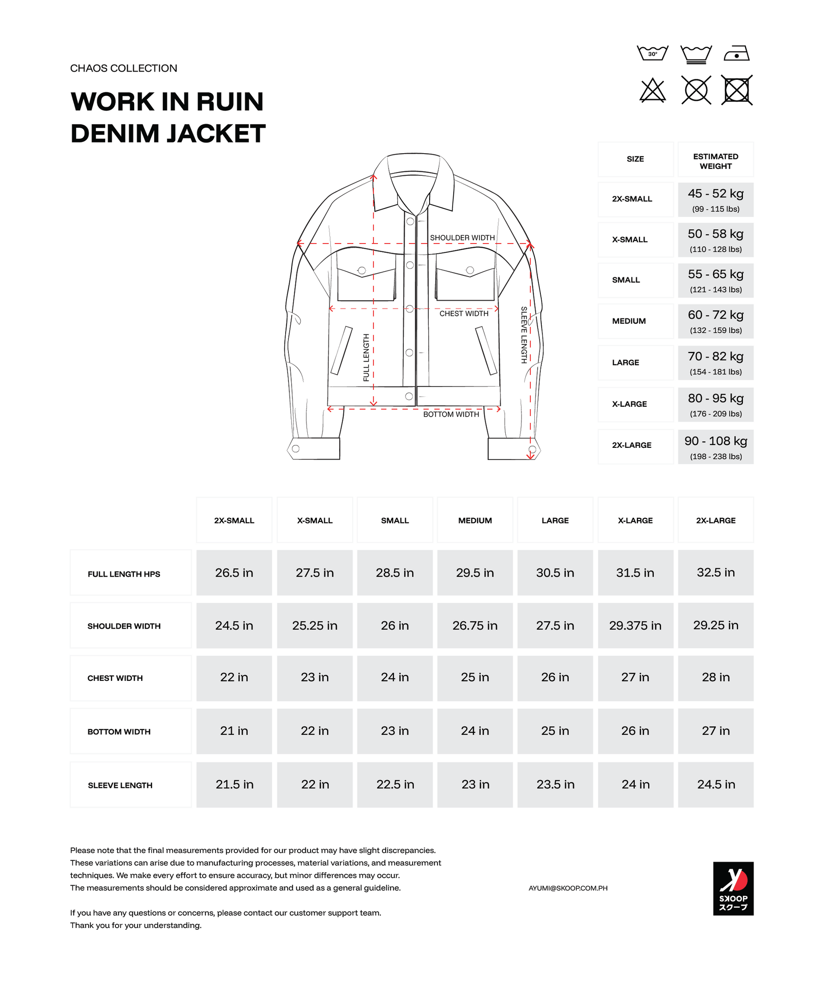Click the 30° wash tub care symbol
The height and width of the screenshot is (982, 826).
(x=652, y=54)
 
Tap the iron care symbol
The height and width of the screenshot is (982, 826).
(x=736, y=54)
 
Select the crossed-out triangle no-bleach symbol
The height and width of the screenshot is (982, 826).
(x=652, y=90)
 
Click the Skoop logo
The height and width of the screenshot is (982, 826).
(x=733, y=888)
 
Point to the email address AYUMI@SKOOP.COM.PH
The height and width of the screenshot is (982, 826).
(x=568, y=888)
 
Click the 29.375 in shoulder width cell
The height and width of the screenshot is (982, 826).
(x=635, y=625)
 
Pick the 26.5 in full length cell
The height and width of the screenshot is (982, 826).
(x=234, y=572)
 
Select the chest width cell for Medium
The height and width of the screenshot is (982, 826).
(x=475, y=677)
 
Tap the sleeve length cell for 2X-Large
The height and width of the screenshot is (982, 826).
(x=716, y=785)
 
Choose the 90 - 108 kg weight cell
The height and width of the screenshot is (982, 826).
(x=716, y=447)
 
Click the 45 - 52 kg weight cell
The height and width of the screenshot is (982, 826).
(x=716, y=199)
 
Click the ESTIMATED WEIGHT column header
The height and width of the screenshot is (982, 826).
(x=716, y=161)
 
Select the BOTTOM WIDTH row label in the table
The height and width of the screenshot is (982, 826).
(x=119, y=732)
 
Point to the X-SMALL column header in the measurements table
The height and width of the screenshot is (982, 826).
(x=315, y=520)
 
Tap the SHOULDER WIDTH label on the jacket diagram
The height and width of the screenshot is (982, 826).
(x=462, y=238)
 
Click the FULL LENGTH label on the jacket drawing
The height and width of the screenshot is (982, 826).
(x=366, y=357)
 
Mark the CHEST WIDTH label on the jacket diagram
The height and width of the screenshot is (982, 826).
(x=464, y=314)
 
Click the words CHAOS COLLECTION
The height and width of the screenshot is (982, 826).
(x=124, y=68)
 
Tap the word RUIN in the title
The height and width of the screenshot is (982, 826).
(x=230, y=101)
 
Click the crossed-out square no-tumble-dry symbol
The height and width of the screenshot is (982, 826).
(x=736, y=90)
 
